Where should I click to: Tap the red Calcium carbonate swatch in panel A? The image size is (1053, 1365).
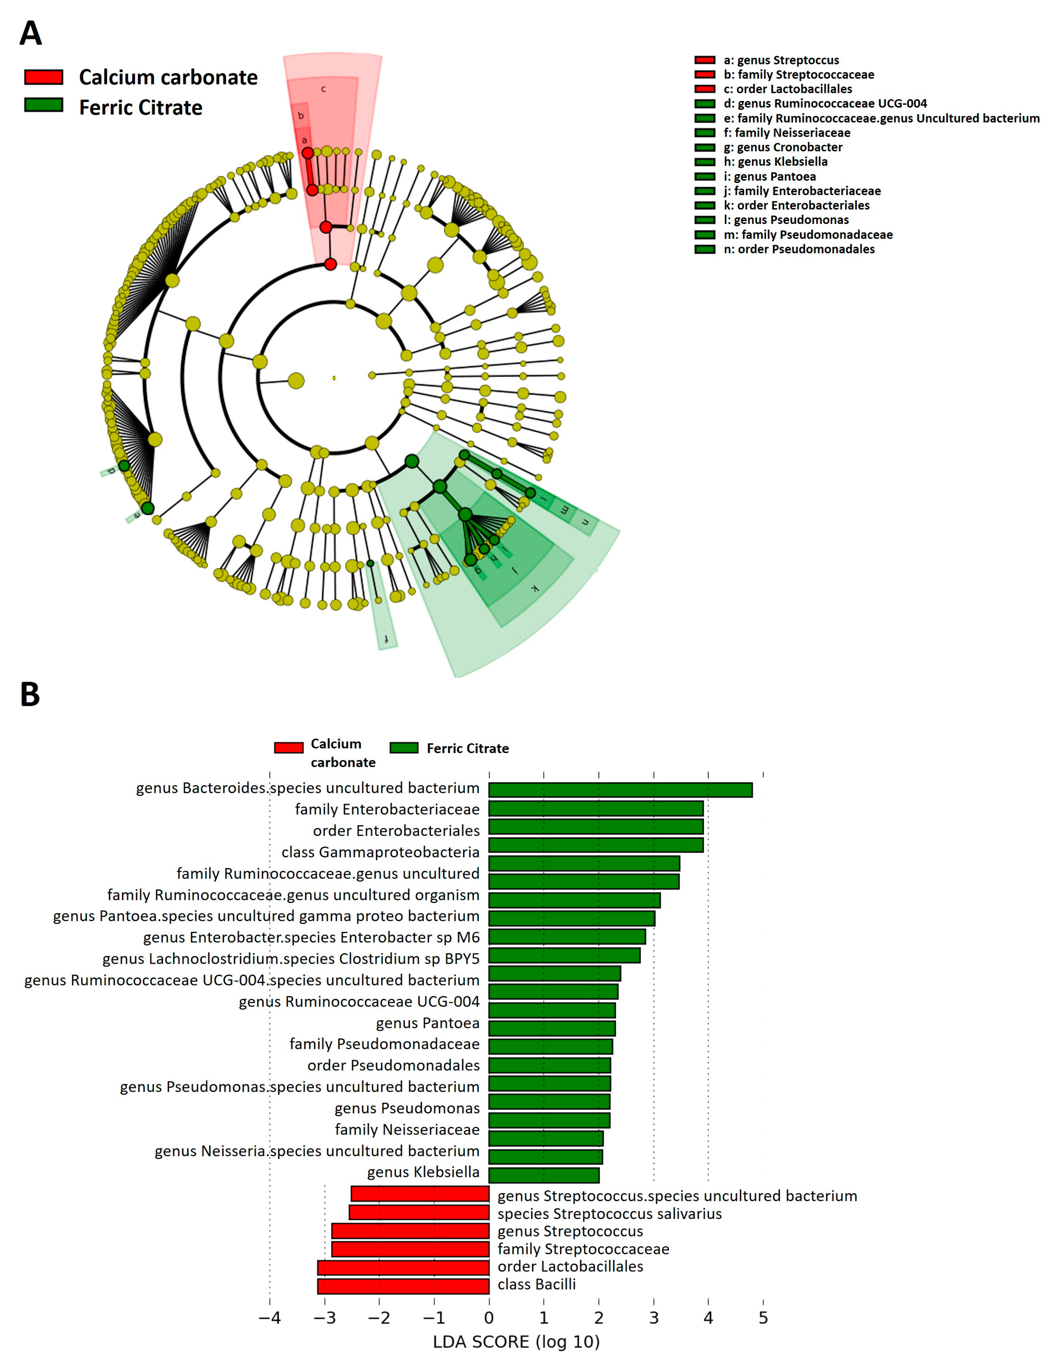pos(44,77)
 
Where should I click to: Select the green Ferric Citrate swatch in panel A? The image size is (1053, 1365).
pos(44,105)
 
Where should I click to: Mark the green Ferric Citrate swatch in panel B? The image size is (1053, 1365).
pos(404,748)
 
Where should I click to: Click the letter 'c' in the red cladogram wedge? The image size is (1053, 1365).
pos(323,89)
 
